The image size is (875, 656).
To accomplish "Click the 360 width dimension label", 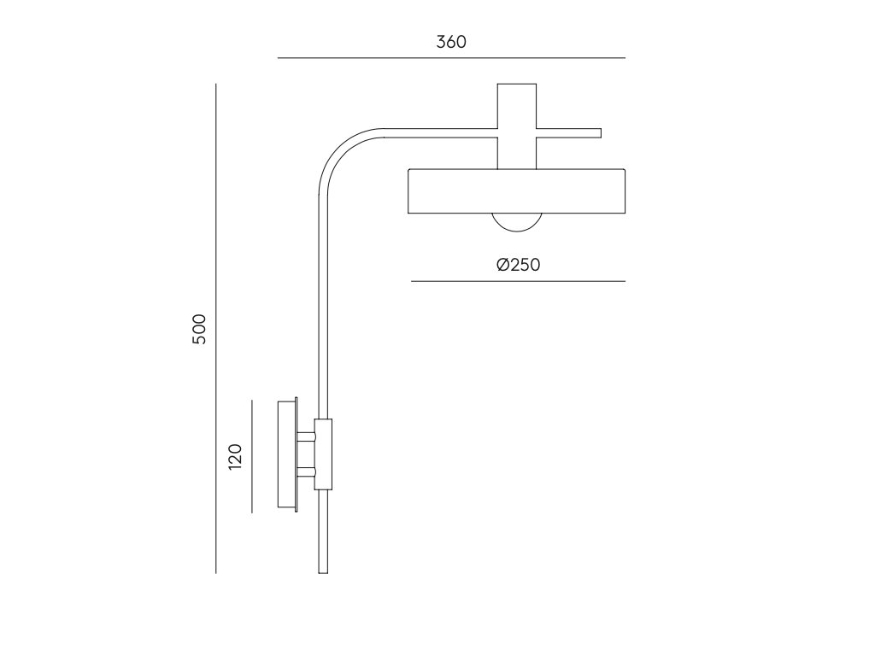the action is (451, 42).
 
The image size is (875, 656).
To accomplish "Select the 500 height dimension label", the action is (199, 329).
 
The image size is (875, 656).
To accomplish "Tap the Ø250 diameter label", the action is (519, 265).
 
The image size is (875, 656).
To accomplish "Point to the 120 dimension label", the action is (236, 456).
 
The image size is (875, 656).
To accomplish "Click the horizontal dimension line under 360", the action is (451, 58).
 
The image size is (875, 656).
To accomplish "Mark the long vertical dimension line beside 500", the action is (216, 329).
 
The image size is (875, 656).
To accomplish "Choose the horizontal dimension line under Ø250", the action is (519, 281).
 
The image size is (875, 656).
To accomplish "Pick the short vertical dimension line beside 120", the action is (252, 456).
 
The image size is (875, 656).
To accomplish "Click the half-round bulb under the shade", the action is (517, 222).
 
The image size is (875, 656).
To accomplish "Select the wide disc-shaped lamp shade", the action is (517, 190).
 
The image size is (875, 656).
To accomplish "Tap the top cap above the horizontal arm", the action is (517, 106).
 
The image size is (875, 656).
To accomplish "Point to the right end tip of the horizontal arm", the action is (601, 133).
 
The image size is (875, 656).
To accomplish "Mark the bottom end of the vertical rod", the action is (323, 573).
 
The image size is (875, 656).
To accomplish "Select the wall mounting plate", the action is (288, 454).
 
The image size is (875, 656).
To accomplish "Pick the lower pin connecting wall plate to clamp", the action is (307, 472).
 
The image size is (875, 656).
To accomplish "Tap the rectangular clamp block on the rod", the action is (323, 454).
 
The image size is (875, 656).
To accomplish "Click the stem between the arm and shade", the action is (517, 154).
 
